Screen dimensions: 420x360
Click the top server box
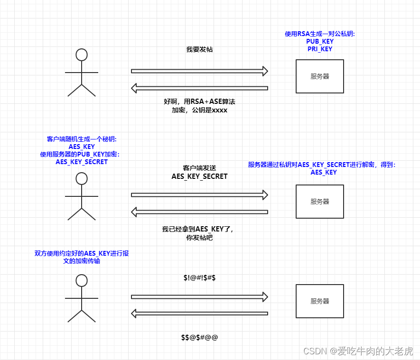(319, 76)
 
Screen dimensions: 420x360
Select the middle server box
(319, 201)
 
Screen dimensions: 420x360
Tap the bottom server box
(319, 301)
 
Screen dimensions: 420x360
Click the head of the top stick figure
(82, 55)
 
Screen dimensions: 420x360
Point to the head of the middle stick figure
(82, 179)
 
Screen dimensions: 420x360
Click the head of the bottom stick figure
(82, 280)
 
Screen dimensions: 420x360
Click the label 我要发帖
(199, 49)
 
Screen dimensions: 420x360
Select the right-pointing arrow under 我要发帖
(199, 71)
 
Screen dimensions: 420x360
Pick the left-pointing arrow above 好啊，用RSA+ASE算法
(199, 88)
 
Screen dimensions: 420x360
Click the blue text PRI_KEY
(319, 49)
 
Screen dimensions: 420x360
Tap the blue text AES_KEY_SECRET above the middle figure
(82, 162)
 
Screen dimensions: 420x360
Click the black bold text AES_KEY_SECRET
(199, 176)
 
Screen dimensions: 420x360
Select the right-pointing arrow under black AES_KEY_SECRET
(199, 194)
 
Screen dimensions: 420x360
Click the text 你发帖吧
(199, 238)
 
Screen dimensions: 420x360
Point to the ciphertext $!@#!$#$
(199, 277)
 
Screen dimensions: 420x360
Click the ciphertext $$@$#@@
(199, 337)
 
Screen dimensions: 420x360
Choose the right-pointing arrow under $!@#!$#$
(199, 297)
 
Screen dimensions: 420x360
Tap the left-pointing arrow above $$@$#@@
(199, 314)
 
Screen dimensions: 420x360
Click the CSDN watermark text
(358, 351)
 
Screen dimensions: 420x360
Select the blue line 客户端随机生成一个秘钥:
(82, 139)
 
